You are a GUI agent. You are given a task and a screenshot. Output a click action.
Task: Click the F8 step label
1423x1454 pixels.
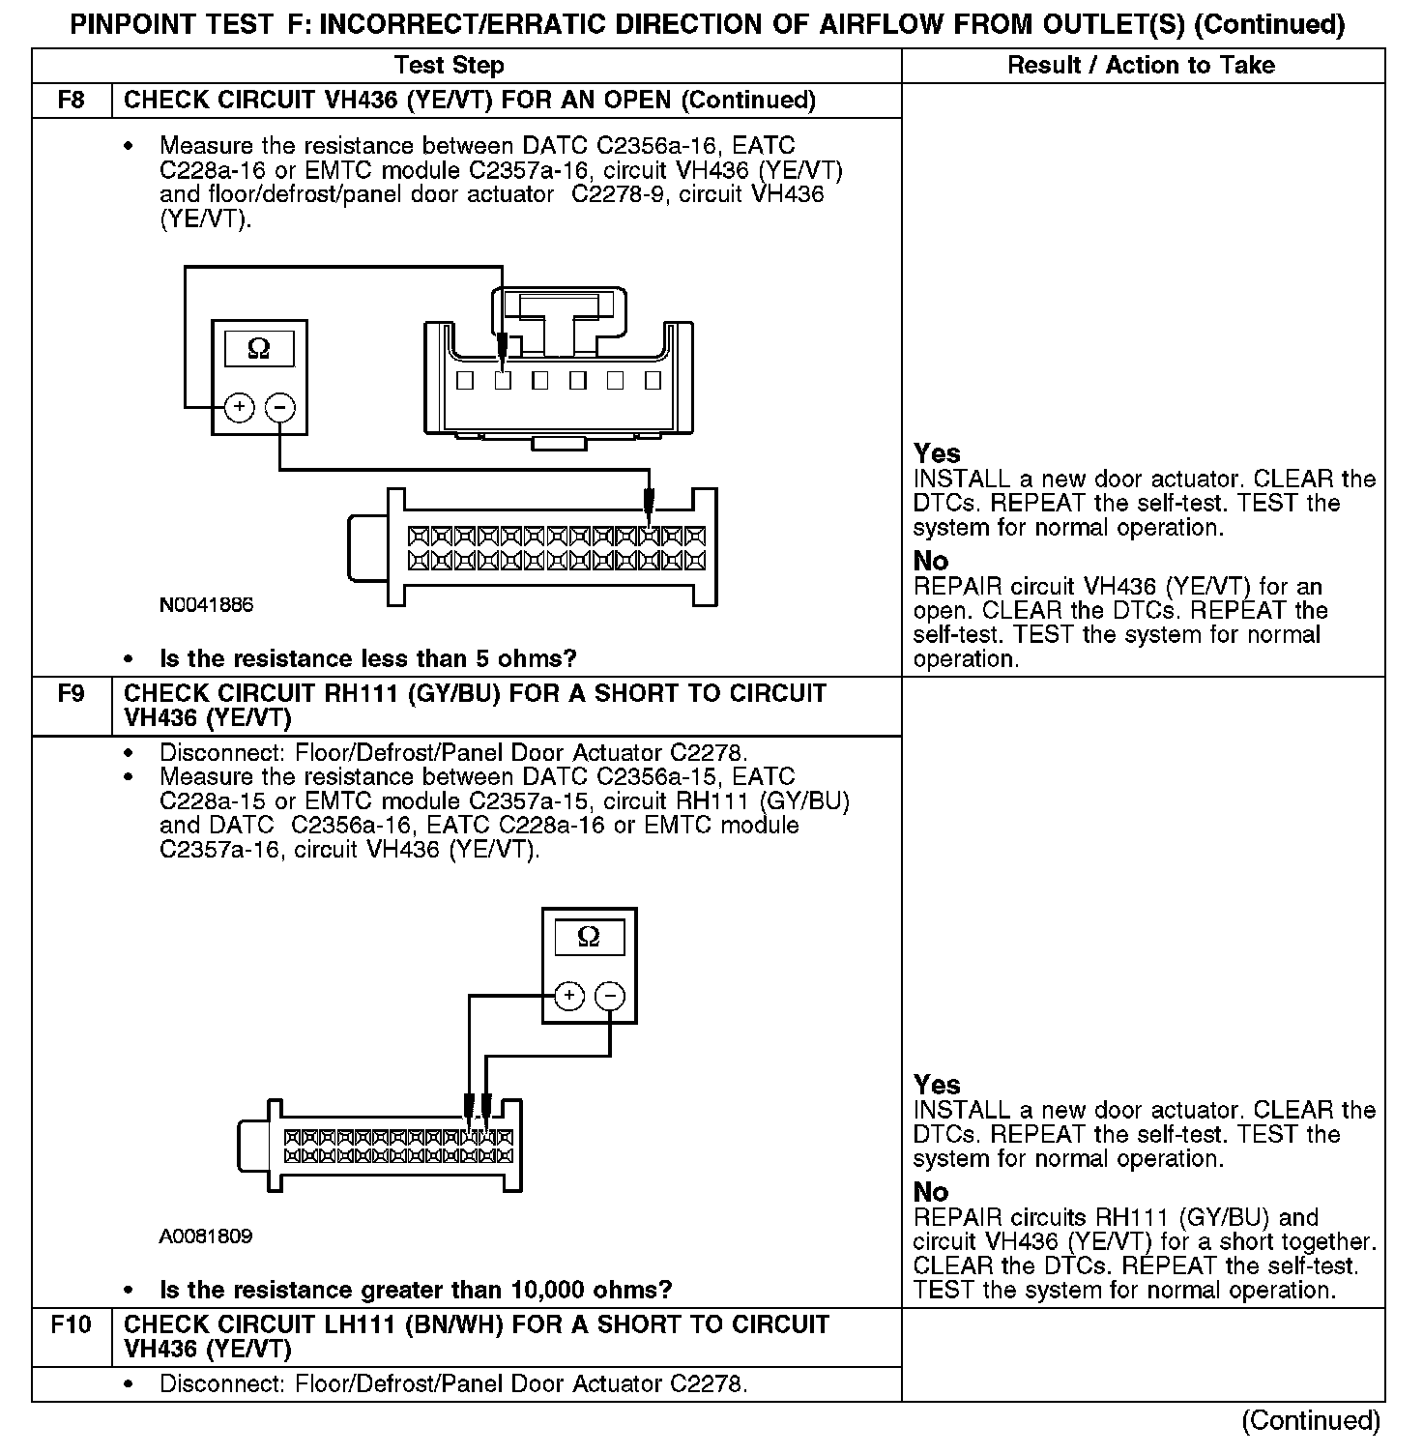pos(72,101)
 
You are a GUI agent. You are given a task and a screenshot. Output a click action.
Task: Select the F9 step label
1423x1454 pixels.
pos(72,694)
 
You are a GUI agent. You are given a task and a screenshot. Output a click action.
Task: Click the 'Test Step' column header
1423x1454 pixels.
pos(450,66)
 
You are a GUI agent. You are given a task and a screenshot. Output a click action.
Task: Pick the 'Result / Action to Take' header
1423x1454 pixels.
pos(1141,66)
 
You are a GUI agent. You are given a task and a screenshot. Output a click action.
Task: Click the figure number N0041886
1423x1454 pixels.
pos(207,606)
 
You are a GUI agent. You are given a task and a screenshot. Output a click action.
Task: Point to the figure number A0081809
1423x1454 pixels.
pos(207,1236)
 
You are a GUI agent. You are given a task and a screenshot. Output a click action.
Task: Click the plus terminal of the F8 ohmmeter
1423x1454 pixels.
pos(239,408)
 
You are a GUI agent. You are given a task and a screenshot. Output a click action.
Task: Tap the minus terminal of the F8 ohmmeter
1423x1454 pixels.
pos(279,408)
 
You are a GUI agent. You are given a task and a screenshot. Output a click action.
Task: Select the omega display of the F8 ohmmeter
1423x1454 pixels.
pos(259,348)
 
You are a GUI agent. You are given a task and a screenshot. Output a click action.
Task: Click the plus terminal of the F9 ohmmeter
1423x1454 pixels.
pos(569,996)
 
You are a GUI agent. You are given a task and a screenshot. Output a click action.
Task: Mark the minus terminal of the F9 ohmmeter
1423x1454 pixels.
pos(610,996)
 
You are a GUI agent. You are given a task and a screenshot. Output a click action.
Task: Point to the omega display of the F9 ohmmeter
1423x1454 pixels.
pos(588,937)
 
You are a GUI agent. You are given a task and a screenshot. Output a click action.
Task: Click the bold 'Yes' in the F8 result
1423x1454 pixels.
pos(937,453)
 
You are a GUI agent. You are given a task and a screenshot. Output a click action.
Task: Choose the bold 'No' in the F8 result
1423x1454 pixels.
pos(931,561)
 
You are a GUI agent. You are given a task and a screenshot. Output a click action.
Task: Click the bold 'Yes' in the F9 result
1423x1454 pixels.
pos(937,1085)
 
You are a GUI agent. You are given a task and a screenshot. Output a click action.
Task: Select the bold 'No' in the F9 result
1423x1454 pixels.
pos(931,1192)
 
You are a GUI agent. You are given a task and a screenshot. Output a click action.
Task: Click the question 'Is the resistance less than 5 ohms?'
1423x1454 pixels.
pos(367,659)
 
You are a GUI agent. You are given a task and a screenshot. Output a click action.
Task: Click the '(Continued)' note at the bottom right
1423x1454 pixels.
pos(1311,1420)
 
